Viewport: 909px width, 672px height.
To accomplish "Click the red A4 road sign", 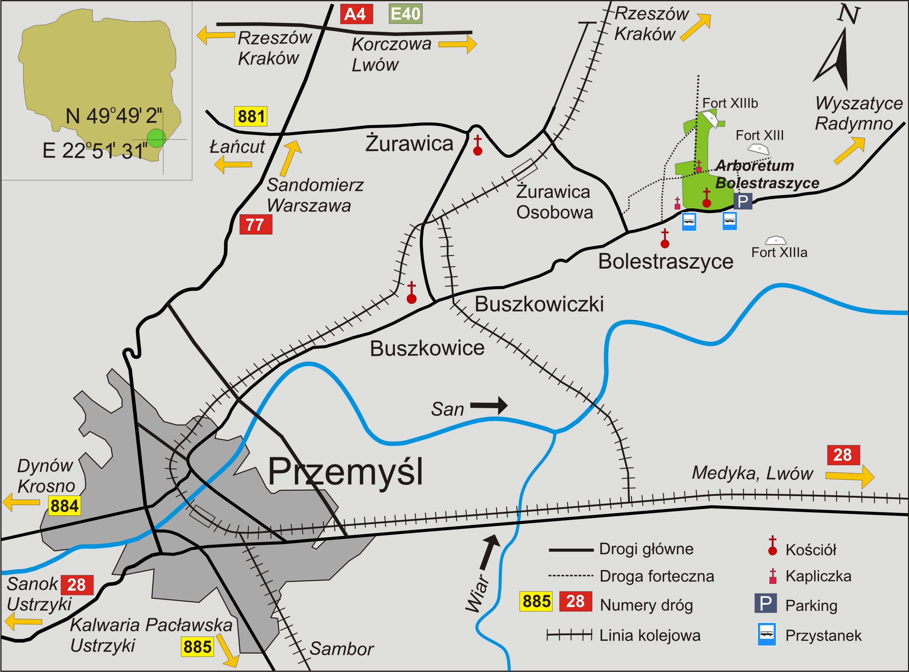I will [x=356, y=14].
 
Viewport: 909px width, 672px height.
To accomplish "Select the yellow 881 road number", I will [x=251, y=116].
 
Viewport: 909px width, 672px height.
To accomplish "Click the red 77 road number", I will [x=255, y=225].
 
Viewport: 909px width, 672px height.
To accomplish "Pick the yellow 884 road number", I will [x=64, y=506].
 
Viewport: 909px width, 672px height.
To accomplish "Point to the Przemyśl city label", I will [x=346, y=472].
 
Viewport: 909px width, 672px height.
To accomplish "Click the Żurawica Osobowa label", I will [x=554, y=202].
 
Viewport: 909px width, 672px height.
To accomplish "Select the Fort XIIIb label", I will [x=730, y=103].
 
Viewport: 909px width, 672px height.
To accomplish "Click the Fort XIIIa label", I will [x=779, y=253].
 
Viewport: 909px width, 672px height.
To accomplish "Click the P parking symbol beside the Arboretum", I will [x=743, y=201].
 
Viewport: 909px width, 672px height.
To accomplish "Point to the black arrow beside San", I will [x=489, y=406].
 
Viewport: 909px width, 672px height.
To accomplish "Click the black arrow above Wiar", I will [x=489, y=553].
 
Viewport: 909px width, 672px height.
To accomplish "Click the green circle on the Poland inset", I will [x=156, y=138].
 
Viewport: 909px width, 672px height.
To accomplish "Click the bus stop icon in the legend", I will [x=767, y=634].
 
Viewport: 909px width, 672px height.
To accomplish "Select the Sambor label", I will [x=341, y=649].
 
